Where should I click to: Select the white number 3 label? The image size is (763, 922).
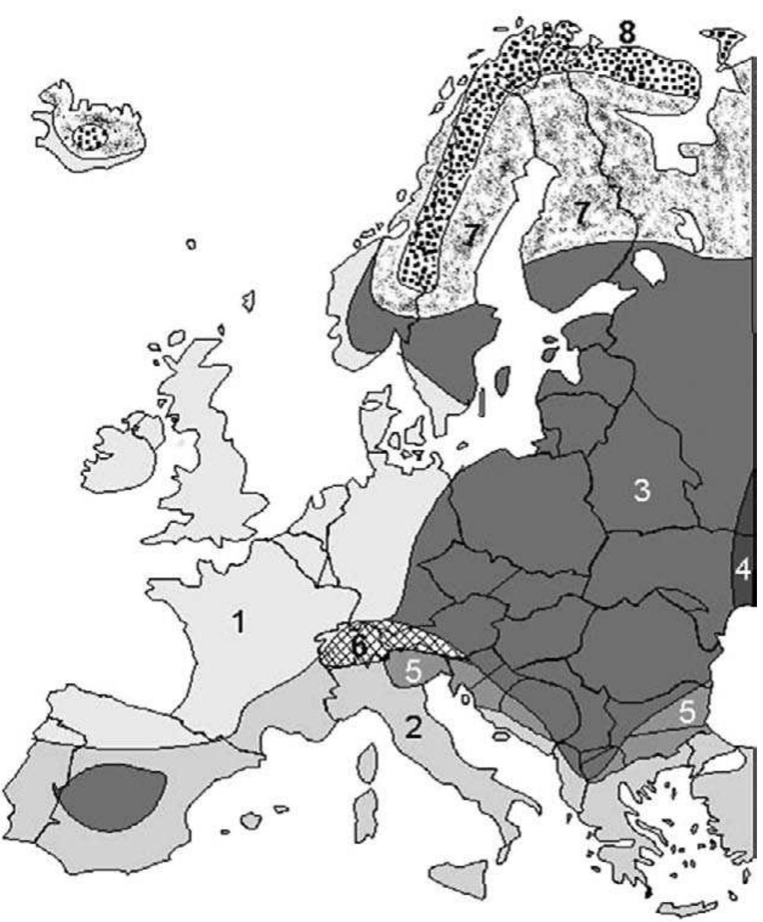(x=642, y=489)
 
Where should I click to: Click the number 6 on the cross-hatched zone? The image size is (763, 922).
(x=360, y=647)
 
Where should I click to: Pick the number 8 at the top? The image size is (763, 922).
(x=626, y=33)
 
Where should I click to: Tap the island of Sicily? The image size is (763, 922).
(x=458, y=878)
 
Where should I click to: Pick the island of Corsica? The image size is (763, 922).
(x=367, y=764)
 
